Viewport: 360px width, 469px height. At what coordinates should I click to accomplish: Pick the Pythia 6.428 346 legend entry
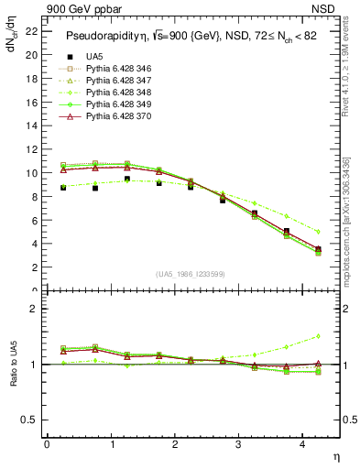point(117,69)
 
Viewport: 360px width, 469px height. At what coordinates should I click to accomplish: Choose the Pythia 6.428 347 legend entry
point(117,81)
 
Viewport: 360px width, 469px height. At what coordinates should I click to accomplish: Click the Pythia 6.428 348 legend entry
point(117,93)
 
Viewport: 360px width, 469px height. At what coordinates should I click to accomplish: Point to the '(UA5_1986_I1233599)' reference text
point(191,274)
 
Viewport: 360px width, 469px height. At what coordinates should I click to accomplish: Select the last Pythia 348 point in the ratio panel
point(318,336)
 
